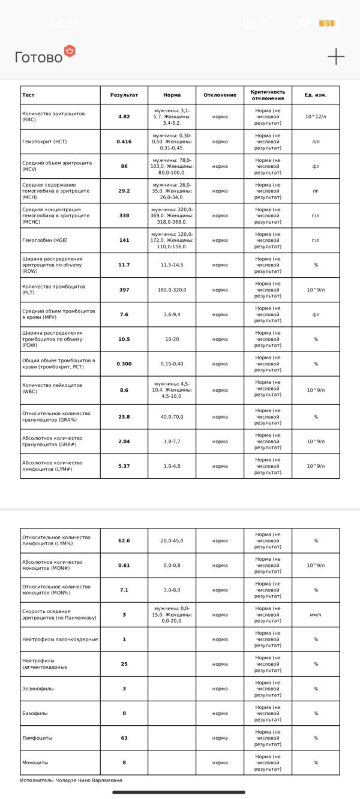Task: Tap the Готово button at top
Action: pyautogui.click(x=39, y=57)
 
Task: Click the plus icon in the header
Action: pyautogui.click(x=336, y=56)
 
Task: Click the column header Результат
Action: pyautogui.click(x=124, y=95)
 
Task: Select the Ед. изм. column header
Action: pyautogui.click(x=316, y=95)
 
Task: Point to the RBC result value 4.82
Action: pyautogui.click(x=124, y=116)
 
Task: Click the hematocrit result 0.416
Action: pyautogui.click(x=124, y=142)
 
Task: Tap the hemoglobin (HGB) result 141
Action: pyautogui.click(x=124, y=240)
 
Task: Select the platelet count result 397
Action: pyautogui.click(x=124, y=290)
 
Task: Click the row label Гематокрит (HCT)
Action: pyautogui.click(x=44, y=142)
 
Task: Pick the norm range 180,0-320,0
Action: pyautogui.click(x=172, y=290)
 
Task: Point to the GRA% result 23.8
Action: pyautogui.click(x=124, y=416)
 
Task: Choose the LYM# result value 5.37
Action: pyautogui.click(x=124, y=465)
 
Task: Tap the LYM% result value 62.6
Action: pyautogui.click(x=124, y=540)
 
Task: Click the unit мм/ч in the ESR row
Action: pyautogui.click(x=316, y=615)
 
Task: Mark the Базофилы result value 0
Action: pyautogui.click(x=124, y=713)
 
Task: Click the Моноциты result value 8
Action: pyautogui.click(x=124, y=762)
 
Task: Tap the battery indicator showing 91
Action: pyautogui.click(x=327, y=23)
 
